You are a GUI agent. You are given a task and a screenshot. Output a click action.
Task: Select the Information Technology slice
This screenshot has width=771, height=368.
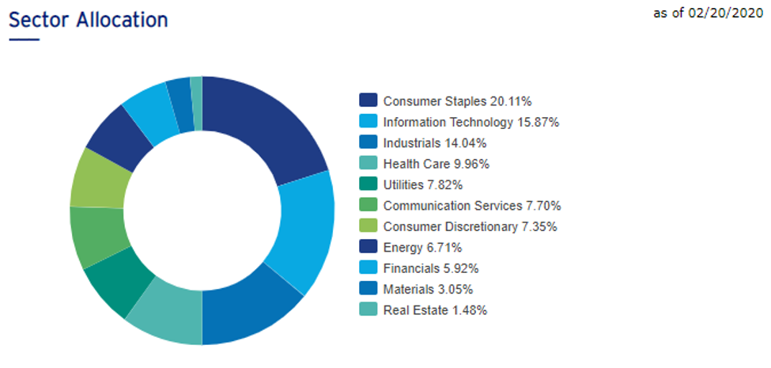299,230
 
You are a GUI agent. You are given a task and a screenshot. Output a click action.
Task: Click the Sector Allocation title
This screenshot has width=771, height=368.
89,20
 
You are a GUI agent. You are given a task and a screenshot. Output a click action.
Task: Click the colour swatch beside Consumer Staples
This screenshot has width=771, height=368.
368,101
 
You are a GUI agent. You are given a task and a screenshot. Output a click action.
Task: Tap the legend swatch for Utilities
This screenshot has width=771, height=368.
368,184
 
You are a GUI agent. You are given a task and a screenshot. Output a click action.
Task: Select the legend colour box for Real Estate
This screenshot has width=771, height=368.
368,309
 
